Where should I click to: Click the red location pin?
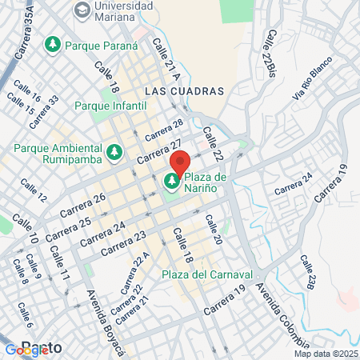[180, 162]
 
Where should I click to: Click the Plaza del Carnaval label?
[207, 274]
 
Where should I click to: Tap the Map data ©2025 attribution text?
[326, 354]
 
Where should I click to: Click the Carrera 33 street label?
[44, 112]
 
